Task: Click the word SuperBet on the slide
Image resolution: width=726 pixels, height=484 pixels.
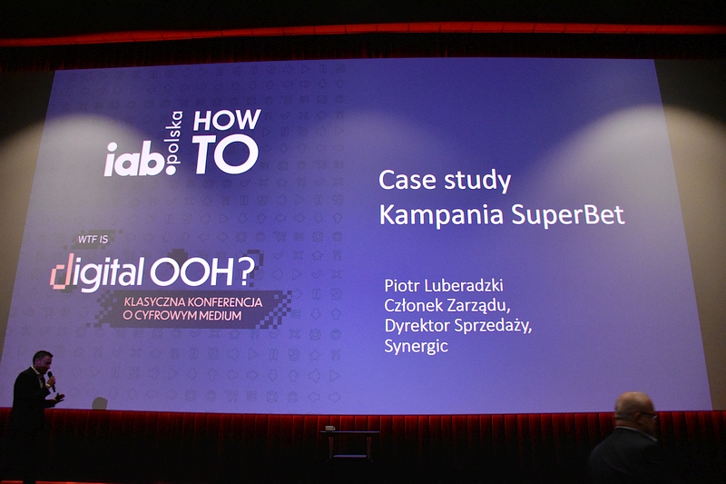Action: pos(568,215)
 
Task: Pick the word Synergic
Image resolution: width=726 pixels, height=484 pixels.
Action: pos(417,346)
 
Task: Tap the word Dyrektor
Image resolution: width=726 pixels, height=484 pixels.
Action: pos(417,325)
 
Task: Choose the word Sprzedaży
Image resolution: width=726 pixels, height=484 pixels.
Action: pos(493,326)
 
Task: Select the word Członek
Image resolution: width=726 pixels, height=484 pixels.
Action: pos(412,305)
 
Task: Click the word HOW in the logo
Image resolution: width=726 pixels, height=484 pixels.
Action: pos(227,120)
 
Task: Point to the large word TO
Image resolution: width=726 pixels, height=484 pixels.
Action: pos(226,154)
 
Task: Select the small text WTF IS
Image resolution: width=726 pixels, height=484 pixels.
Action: pos(93,239)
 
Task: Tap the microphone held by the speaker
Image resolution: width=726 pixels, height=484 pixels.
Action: pos(51,380)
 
